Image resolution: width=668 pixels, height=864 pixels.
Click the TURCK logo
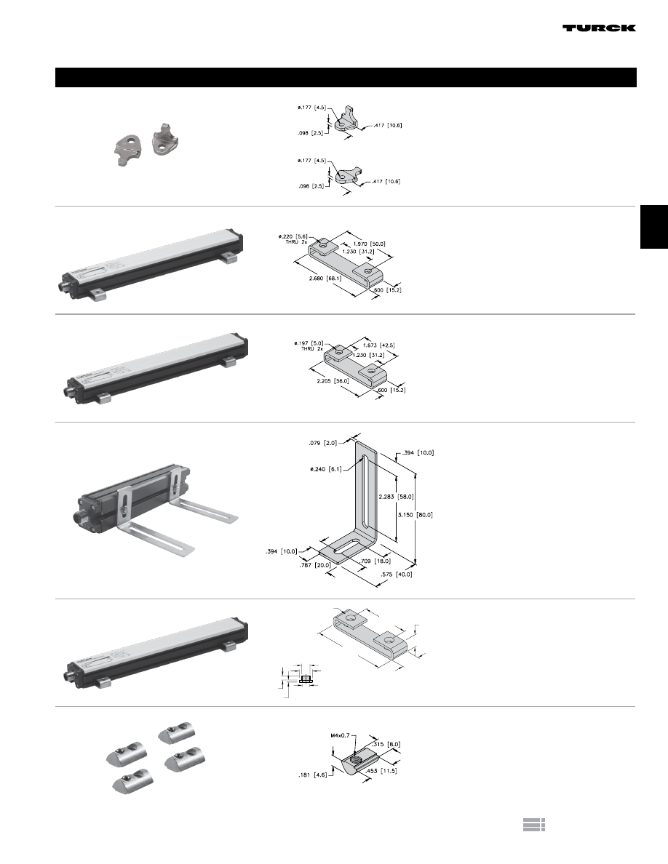(599, 28)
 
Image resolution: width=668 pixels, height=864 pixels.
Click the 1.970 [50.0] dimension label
(369, 244)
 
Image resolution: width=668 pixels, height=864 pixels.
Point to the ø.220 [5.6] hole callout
(293, 236)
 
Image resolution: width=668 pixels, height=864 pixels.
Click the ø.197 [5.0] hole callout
(304, 344)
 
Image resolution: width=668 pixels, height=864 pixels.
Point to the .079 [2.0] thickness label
(321, 441)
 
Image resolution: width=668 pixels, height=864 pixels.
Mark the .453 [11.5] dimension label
(384, 771)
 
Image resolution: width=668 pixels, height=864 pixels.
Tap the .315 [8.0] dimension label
(386, 744)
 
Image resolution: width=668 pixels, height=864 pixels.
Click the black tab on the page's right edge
(653, 227)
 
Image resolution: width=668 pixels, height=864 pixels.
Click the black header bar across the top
(346, 77)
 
